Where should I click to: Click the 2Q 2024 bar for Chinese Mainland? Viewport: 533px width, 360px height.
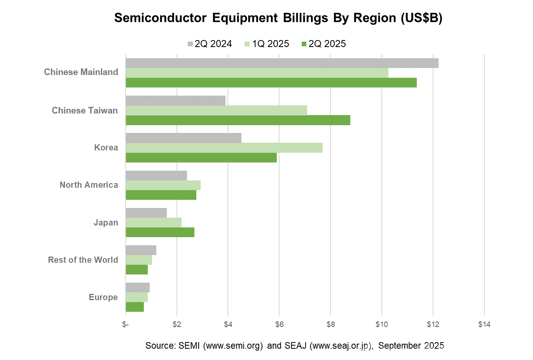pos(282,63)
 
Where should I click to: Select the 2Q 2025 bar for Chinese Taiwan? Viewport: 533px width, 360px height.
pos(238,120)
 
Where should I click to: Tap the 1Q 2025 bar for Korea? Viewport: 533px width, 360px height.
pos(224,148)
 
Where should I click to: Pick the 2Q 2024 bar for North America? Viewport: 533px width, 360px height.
pos(156,175)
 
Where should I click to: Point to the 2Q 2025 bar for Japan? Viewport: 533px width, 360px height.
pos(160,232)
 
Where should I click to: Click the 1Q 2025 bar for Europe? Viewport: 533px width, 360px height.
pos(136,297)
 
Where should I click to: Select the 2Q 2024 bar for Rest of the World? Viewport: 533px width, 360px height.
pos(141,250)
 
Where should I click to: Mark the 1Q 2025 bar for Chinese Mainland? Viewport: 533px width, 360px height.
pos(257,73)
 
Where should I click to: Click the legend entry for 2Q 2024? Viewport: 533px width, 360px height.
pos(210,44)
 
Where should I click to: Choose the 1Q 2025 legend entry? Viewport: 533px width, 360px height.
pos(267,44)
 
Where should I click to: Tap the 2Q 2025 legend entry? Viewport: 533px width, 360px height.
pos(323,44)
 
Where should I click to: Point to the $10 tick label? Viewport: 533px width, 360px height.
pos(381,324)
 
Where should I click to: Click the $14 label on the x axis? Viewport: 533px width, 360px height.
pos(484,324)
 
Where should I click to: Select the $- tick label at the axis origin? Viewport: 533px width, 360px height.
pos(125,324)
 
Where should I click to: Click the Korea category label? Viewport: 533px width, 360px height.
pos(106,148)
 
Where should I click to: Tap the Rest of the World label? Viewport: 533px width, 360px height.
pos(83,260)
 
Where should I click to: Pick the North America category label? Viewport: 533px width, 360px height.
pos(89,185)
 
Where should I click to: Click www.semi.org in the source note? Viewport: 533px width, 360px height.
pos(233,346)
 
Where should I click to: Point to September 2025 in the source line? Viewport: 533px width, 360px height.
pos(411,346)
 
